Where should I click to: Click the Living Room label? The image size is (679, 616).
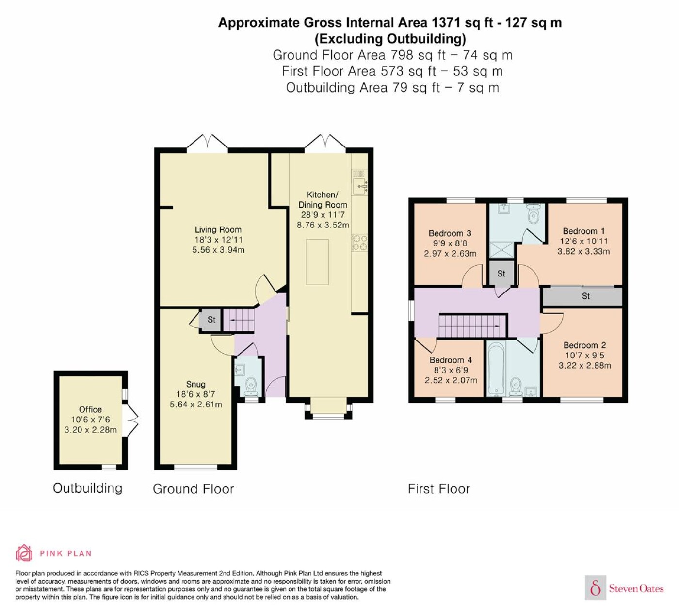(x=218, y=229)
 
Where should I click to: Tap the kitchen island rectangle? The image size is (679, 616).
(x=317, y=262)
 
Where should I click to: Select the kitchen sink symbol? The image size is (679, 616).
(x=360, y=186)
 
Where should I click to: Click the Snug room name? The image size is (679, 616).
(x=195, y=384)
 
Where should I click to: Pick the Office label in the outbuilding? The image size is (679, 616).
(x=90, y=409)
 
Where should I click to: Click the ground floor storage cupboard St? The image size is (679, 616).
(x=211, y=319)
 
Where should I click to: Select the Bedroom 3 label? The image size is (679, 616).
(x=450, y=233)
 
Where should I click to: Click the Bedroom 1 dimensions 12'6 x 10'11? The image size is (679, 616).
(x=583, y=241)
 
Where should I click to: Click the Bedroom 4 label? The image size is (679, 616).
(x=451, y=360)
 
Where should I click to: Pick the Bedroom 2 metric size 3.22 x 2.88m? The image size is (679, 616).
(x=584, y=365)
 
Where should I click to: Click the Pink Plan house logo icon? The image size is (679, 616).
(x=24, y=553)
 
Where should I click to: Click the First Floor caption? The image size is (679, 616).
(x=438, y=489)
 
